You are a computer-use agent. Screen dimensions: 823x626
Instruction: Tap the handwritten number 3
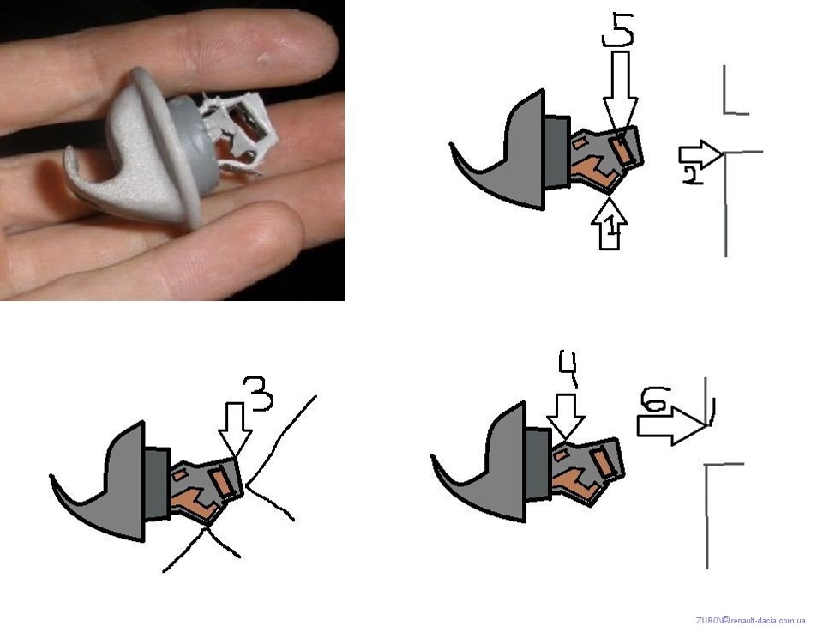click(257, 394)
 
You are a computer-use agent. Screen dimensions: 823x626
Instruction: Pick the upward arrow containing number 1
click(609, 223)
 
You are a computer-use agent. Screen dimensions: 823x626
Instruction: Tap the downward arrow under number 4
click(565, 416)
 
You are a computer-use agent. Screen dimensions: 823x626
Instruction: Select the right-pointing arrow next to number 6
click(672, 426)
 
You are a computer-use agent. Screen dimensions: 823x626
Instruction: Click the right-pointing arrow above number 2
click(700, 154)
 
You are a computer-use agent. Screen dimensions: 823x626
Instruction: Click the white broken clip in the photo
click(239, 132)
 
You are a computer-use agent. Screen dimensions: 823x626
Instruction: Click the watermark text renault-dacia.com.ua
click(767, 620)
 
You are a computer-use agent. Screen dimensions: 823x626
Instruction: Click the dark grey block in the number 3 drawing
click(158, 482)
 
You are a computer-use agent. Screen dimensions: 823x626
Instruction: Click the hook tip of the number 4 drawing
click(434, 457)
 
